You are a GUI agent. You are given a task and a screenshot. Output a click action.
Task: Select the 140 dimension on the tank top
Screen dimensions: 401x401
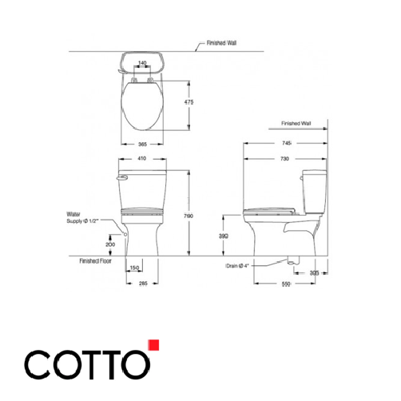click(x=141, y=63)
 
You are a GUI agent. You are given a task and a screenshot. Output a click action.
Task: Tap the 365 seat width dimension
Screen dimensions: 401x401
click(x=142, y=145)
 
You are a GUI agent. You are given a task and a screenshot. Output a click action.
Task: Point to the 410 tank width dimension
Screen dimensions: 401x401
click(x=142, y=159)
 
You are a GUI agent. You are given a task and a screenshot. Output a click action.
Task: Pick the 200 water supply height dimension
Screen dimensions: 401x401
click(x=109, y=244)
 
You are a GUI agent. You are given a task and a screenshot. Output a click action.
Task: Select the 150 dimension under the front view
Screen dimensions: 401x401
click(x=134, y=268)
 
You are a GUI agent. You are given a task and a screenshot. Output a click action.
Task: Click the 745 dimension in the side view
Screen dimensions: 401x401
click(x=285, y=142)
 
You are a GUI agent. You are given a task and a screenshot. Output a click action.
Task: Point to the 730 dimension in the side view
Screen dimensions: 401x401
click(x=286, y=159)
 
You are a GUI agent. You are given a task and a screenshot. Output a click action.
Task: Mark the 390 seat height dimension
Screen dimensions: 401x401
click(x=225, y=237)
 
